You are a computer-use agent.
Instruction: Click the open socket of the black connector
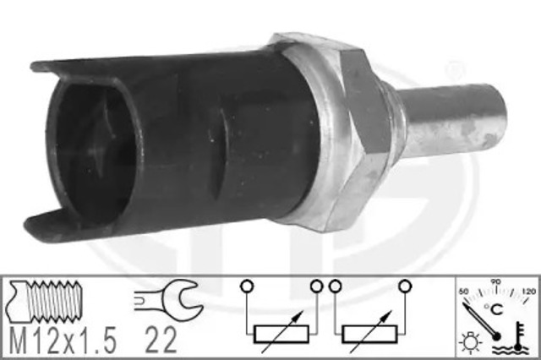(x=93, y=152)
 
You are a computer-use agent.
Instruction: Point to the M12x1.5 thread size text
(x=62, y=340)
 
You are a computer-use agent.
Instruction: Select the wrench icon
(x=168, y=297)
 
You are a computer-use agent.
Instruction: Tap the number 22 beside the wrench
(x=161, y=340)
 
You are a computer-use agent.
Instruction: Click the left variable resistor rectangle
(x=281, y=334)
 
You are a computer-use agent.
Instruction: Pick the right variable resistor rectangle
(x=369, y=334)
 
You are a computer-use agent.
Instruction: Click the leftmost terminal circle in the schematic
(x=247, y=286)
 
